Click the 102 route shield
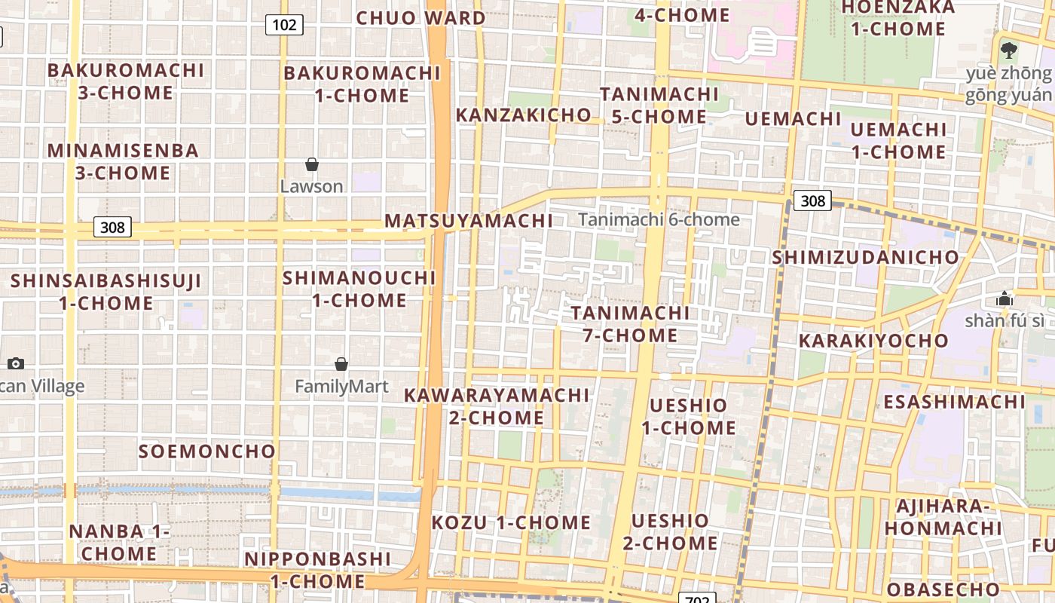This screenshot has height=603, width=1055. click(284, 25)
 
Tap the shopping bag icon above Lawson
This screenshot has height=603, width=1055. click(311, 164)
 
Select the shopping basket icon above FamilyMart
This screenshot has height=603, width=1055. click(341, 365)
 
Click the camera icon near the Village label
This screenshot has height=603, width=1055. click(15, 364)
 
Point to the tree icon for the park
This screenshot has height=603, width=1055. click(1009, 51)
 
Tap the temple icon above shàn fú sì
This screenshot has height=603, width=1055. click(1004, 299)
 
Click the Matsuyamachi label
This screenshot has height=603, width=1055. click(469, 221)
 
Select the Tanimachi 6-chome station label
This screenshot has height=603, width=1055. click(659, 219)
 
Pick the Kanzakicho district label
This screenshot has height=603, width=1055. click(524, 115)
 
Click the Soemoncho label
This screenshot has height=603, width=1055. click(207, 451)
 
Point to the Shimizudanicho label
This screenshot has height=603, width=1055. click(865, 257)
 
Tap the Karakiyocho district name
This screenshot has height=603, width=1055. click(873, 341)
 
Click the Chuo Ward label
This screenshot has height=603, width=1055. click(420, 18)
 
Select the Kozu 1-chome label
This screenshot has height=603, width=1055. click(511, 522)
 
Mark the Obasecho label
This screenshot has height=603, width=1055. click(943, 589)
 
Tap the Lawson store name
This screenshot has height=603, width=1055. click(311, 186)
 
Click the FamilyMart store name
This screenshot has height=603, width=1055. click(341, 387)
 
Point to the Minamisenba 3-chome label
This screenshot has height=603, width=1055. click(124, 161)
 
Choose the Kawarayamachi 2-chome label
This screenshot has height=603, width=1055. click(497, 406)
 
